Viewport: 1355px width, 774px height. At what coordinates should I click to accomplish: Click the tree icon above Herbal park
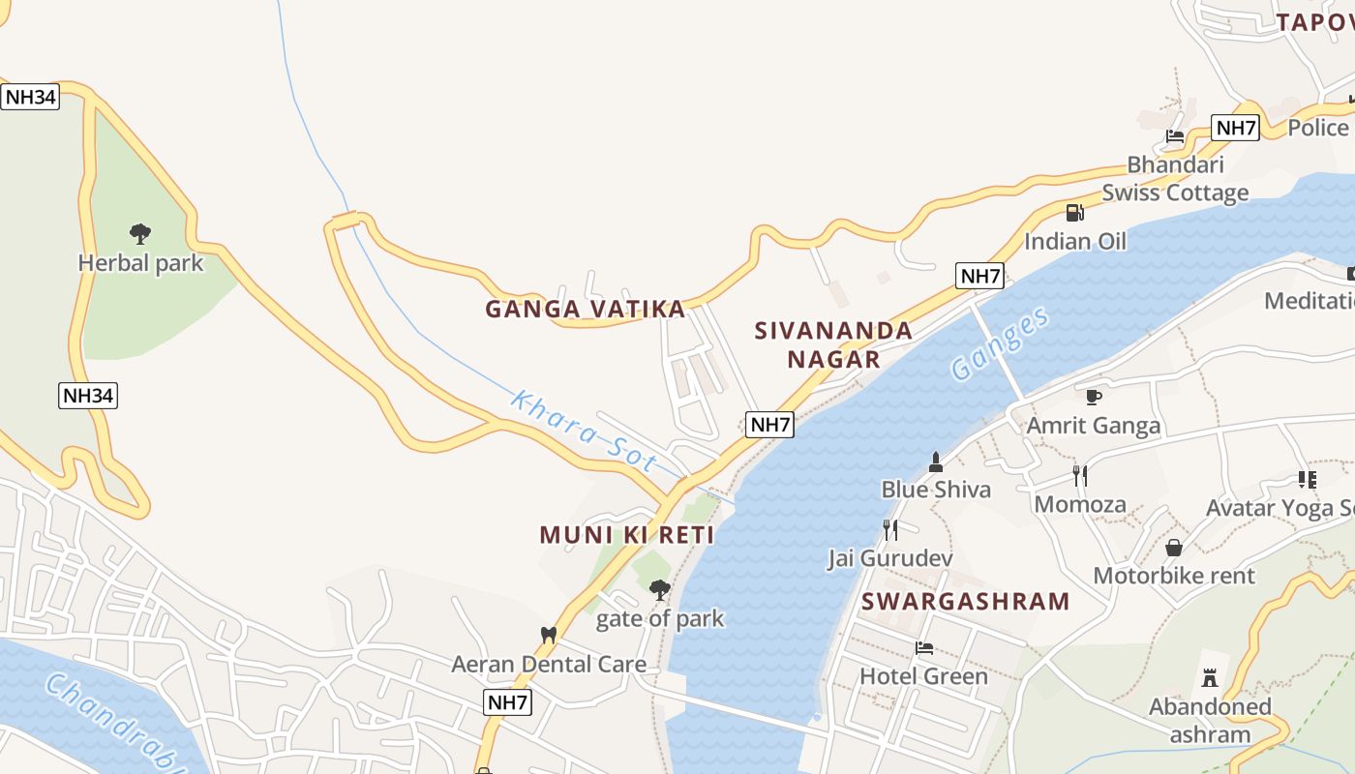click(140, 233)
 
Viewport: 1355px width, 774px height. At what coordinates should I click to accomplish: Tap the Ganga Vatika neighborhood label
click(585, 310)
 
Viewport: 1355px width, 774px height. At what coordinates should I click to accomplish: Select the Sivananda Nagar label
click(833, 344)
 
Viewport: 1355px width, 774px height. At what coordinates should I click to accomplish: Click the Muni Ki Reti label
click(627, 535)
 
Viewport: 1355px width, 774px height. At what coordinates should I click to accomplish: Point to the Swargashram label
click(965, 601)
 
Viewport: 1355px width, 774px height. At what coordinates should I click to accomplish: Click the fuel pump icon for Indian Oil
click(1074, 213)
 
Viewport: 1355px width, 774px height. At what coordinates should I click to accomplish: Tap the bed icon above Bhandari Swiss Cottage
click(1175, 136)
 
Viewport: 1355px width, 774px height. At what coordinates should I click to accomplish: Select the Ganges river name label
click(999, 344)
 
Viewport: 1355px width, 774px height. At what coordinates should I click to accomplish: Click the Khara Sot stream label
click(584, 431)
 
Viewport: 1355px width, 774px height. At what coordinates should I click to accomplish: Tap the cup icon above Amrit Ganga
click(1093, 397)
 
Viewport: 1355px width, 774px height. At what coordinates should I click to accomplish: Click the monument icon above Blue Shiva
click(935, 461)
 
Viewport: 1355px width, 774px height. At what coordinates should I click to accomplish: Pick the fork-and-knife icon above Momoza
click(1080, 475)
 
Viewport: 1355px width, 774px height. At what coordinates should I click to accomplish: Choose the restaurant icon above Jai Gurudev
click(890, 529)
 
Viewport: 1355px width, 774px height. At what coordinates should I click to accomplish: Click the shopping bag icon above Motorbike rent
click(1173, 548)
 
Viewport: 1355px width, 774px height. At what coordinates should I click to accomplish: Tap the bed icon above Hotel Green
click(924, 648)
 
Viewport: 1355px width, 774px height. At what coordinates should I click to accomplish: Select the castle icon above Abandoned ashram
click(1209, 677)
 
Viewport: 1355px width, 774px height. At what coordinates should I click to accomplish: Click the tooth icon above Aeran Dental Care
click(548, 636)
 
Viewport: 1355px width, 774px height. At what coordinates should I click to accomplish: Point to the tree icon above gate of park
click(660, 589)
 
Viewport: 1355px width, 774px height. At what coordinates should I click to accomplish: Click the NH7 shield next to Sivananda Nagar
click(979, 276)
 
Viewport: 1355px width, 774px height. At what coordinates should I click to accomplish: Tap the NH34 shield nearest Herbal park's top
click(30, 97)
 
